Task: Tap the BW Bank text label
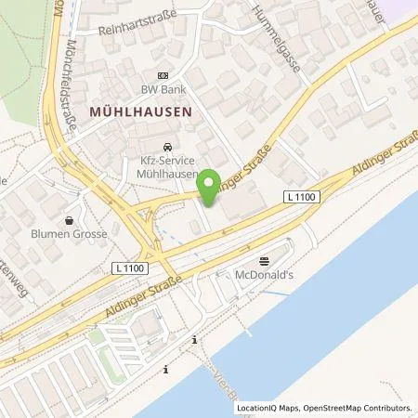164,90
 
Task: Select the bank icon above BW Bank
164,76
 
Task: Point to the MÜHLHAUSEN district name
141,111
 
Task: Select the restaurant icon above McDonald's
263,261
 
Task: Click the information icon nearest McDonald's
195,340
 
